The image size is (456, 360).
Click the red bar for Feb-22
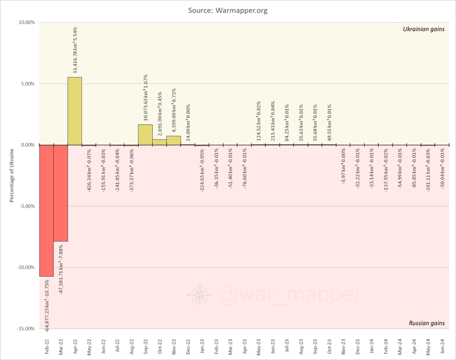46,210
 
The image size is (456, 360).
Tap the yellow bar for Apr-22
75,111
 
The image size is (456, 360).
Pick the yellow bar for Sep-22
145,134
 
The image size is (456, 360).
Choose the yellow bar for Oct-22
159,142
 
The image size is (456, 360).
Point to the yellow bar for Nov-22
174,140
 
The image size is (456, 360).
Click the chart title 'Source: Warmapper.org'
228,10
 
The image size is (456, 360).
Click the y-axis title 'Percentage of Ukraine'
12,175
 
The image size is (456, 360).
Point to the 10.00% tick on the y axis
26,23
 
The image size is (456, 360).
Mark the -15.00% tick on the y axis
25,329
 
